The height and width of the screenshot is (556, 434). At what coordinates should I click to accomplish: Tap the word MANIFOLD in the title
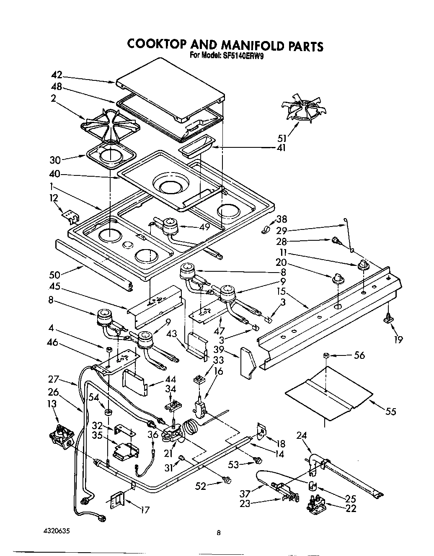tap(244, 45)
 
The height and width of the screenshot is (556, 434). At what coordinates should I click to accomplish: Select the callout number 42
tap(57, 75)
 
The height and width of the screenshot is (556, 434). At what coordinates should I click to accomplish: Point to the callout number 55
tap(390, 412)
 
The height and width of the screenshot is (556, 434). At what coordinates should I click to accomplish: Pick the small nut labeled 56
tap(325, 355)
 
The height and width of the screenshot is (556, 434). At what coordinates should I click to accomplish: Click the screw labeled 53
tap(258, 461)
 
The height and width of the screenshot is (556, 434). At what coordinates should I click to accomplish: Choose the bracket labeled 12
tap(71, 216)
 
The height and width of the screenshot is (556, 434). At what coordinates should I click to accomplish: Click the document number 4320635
tap(52, 531)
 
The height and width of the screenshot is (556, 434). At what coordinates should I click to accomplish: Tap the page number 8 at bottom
tap(218, 533)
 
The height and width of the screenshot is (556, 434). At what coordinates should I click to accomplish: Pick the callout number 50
tap(54, 275)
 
